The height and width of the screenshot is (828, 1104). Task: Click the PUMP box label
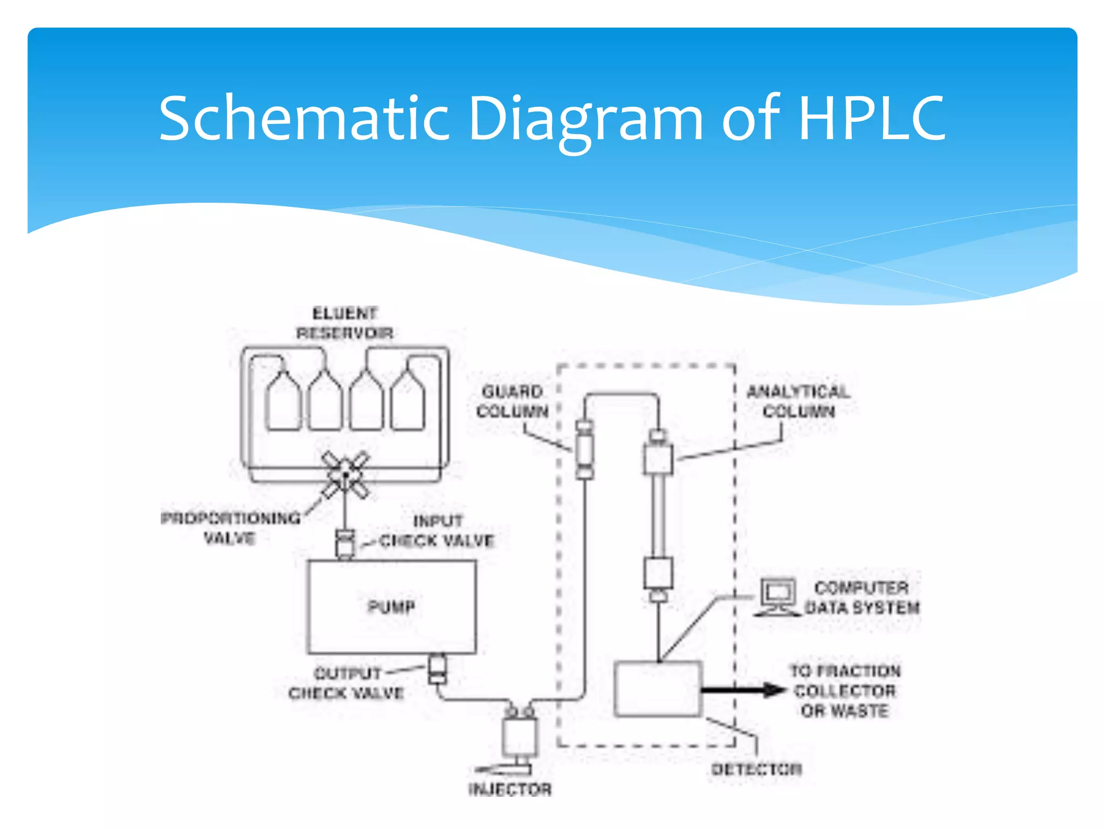[x=391, y=607]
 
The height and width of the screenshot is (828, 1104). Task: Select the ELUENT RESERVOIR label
[x=345, y=323]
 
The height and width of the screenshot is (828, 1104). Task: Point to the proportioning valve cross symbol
[x=346, y=475]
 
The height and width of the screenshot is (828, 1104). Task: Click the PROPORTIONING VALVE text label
[x=231, y=528]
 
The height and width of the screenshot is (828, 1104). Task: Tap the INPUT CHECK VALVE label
[x=437, y=531]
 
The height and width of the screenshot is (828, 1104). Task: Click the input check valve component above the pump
[x=345, y=543]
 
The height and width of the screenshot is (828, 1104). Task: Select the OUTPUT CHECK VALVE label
[x=346, y=683]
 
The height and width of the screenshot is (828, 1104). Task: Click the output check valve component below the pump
[x=437, y=669]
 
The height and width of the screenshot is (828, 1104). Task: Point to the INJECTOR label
[x=510, y=790]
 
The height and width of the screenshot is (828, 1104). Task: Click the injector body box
[x=519, y=737]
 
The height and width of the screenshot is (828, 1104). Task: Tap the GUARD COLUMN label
[x=512, y=401]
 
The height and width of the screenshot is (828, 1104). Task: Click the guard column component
[x=585, y=449]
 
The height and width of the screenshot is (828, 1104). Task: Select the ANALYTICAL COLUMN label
[x=798, y=401]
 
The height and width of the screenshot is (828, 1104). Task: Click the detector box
[x=658, y=689]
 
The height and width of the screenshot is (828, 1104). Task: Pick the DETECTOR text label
[x=756, y=769]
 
